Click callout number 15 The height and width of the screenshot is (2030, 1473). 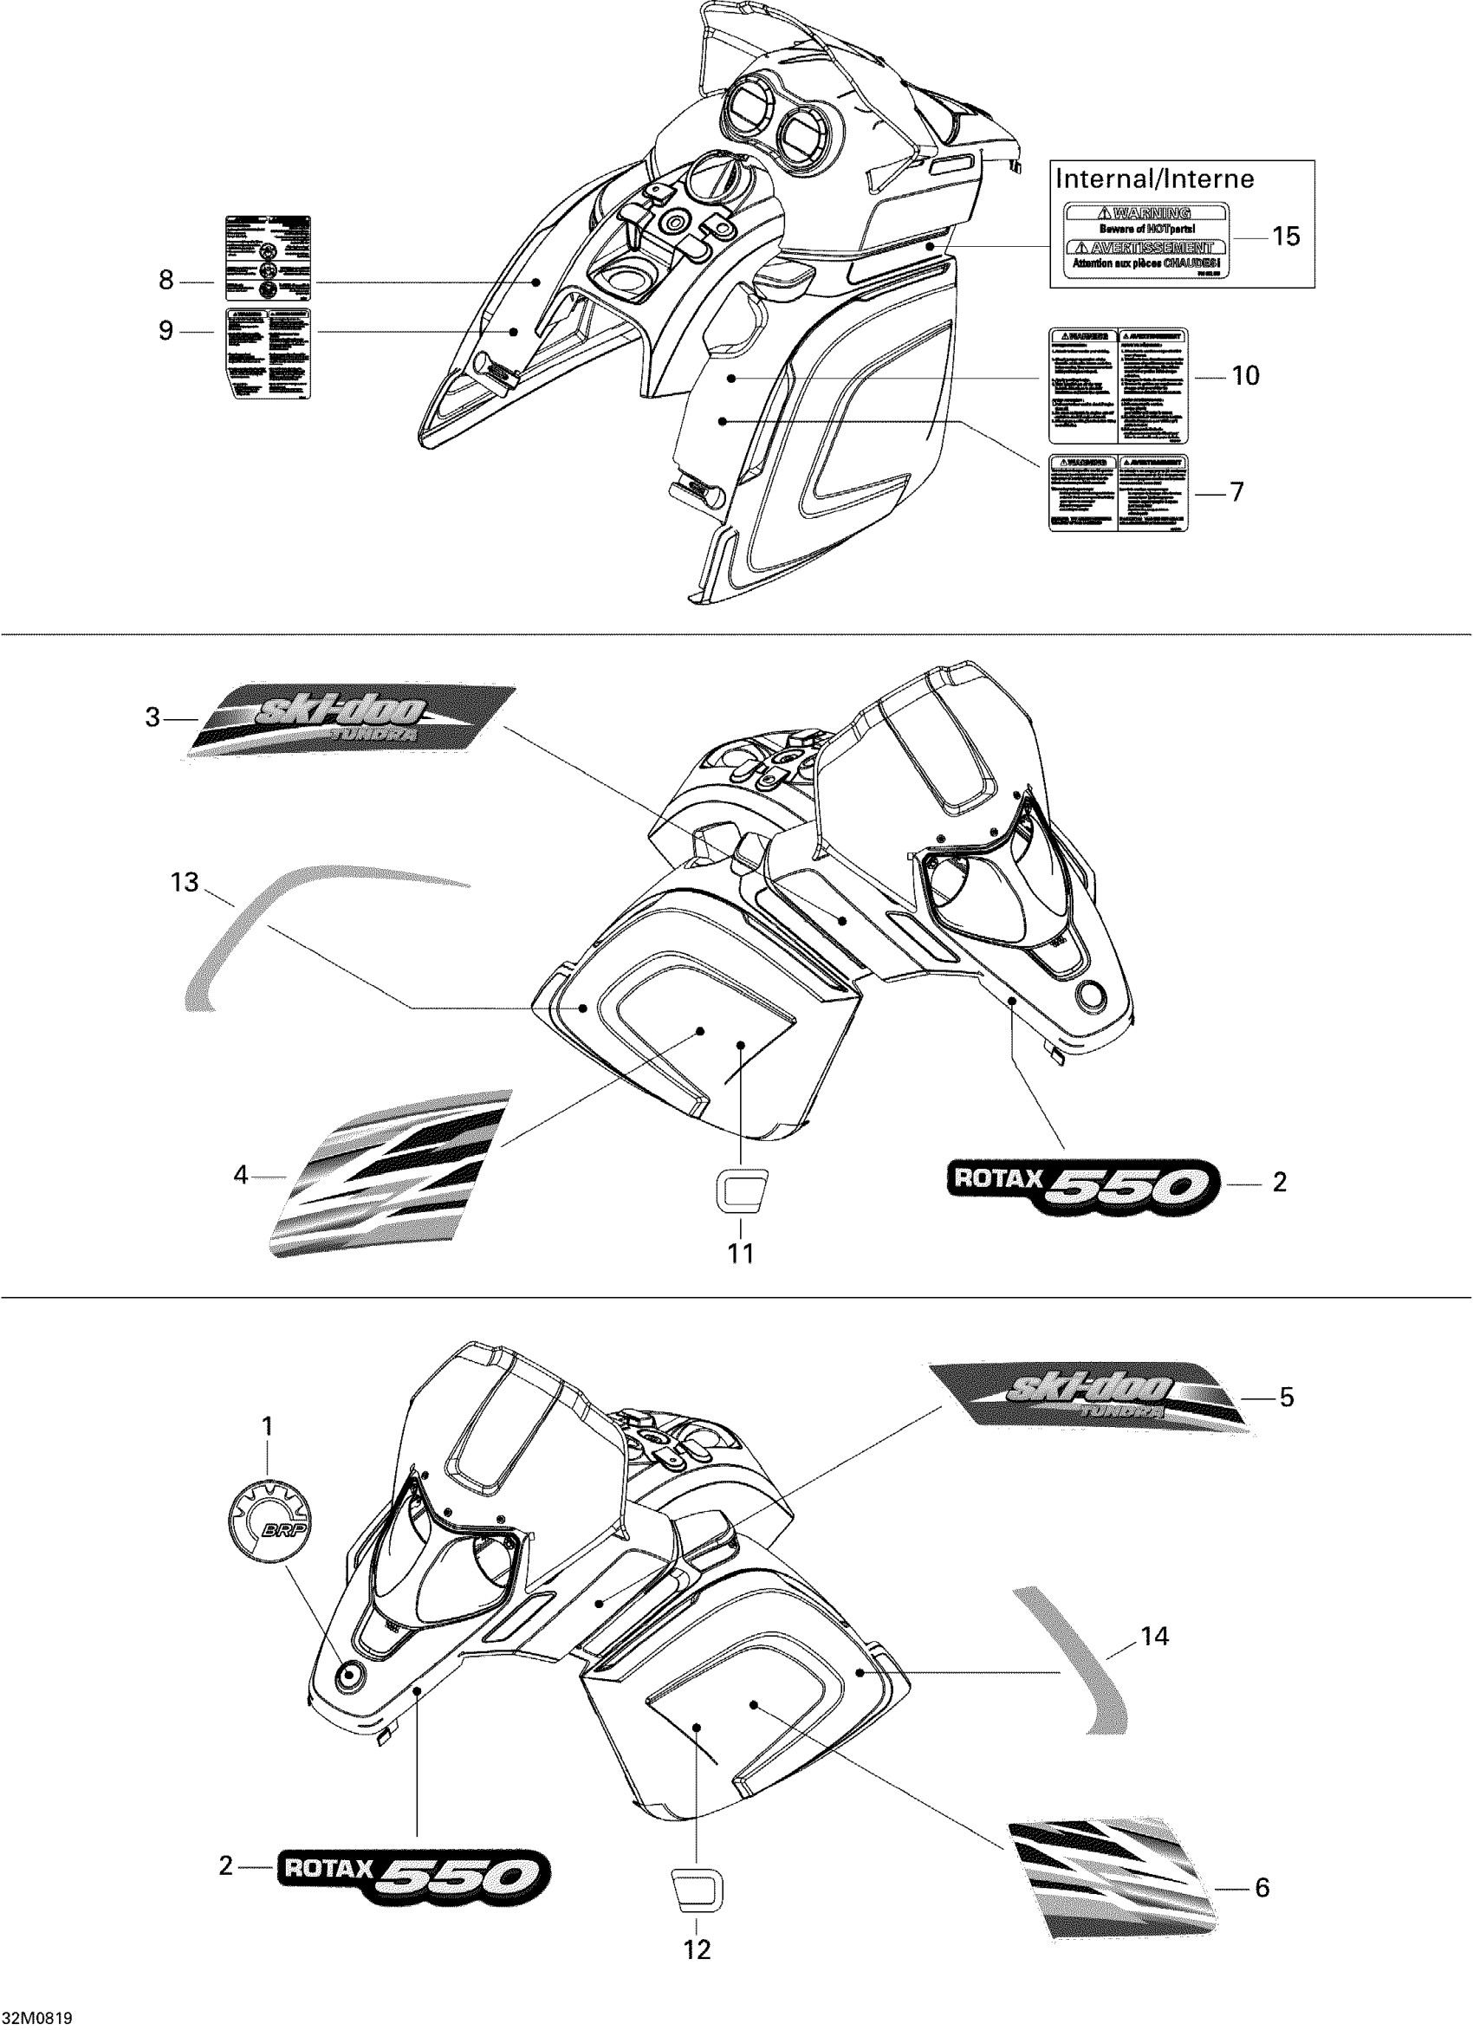click(x=1285, y=237)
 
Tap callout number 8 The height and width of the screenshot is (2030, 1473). click(x=166, y=280)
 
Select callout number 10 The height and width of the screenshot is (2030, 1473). click(x=1245, y=376)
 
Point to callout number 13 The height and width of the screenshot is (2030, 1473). click(x=185, y=883)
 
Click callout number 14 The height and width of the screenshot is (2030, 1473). click(x=1154, y=1636)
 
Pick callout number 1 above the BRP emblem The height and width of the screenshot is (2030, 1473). click(x=267, y=1426)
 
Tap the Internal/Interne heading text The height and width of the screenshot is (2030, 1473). click(x=1154, y=179)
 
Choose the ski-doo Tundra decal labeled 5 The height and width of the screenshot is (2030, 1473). click(x=1087, y=1397)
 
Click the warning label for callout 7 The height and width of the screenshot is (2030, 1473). click(x=1119, y=493)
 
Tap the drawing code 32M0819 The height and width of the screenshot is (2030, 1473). click(x=37, y=2019)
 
